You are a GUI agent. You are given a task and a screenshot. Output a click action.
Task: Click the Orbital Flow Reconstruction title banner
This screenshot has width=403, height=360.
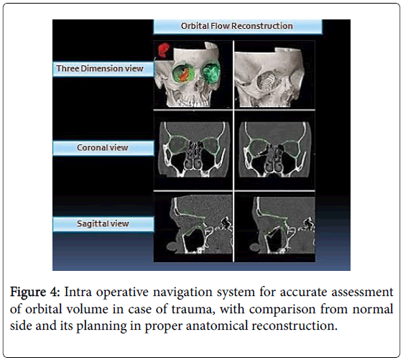tap(238, 26)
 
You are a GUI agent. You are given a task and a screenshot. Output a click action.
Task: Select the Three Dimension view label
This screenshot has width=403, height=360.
tap(103, 69)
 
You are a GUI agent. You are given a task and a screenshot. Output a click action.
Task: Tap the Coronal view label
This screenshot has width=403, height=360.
tap(103, 148)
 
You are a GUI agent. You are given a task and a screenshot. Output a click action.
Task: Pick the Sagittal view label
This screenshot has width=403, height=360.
tap(103, 223)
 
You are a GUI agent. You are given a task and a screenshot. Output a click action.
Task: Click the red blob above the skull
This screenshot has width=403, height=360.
tap(163, 50)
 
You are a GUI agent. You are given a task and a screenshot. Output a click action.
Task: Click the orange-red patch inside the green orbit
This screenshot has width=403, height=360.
tap(185, 75)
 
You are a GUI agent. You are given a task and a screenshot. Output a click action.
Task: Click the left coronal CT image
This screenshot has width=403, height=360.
tap(193, 149)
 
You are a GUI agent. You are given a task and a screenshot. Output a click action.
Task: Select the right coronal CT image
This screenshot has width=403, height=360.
tap(274, 149)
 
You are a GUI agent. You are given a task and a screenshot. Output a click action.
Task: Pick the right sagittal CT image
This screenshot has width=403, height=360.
tap(282, 225)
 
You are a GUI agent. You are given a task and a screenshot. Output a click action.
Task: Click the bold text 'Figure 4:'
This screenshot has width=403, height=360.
tap(34, 292)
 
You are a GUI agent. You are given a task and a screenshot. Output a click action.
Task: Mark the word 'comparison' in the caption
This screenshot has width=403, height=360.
tap(282, 310)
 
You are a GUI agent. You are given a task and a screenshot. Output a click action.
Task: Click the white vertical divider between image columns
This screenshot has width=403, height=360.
tap(233, 151)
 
